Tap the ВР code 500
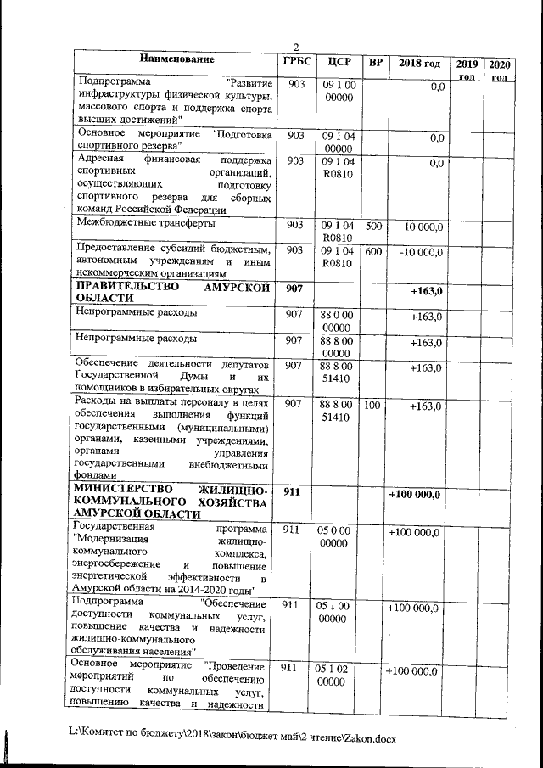(x=372, y=227)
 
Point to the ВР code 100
(x=372, y=406)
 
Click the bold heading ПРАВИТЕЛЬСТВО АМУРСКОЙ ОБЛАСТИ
(x=173, y=294)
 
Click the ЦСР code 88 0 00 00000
(x=337, y=321)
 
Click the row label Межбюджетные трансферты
(x=145, y=223)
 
